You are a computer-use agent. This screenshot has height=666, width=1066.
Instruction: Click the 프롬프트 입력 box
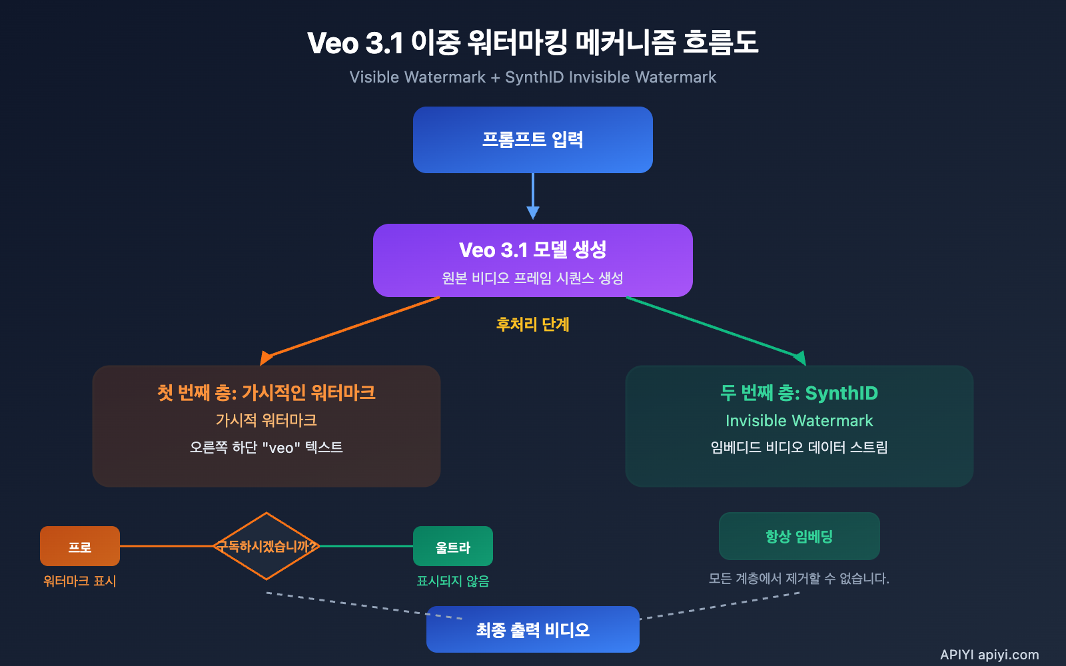pos(532,140)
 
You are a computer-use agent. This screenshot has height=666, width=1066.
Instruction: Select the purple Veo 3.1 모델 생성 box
pos(532,260)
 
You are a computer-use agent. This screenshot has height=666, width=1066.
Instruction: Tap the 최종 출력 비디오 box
pos(532,629)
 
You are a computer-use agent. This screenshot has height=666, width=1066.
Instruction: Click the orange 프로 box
pos(80,546)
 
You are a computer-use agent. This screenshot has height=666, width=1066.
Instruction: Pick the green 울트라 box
pos(453,546)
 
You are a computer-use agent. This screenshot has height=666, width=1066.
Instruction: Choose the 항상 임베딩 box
pos(799,536)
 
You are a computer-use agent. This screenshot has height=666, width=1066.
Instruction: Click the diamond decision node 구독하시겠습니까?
pos(266,546)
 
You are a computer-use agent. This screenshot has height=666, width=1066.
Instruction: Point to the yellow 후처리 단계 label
pos(532,324)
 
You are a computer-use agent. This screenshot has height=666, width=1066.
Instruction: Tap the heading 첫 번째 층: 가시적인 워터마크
pos(266,392)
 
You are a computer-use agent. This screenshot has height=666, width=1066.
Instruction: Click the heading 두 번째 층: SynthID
pos(799,393)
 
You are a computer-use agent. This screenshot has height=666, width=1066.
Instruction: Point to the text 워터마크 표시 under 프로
pos(80,581)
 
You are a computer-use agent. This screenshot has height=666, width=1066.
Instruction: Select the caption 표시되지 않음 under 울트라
pos(453,581)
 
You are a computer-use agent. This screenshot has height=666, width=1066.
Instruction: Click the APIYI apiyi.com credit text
pos(989,655)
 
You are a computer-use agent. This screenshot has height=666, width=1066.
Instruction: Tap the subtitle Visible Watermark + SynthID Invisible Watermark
pos(532,77)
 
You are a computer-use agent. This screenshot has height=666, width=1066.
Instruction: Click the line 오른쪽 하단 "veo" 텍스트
pos(266,447)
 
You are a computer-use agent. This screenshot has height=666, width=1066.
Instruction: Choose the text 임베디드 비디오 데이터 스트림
pos(799,447)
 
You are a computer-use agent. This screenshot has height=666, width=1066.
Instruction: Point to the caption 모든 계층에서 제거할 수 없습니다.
pos(799,578)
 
